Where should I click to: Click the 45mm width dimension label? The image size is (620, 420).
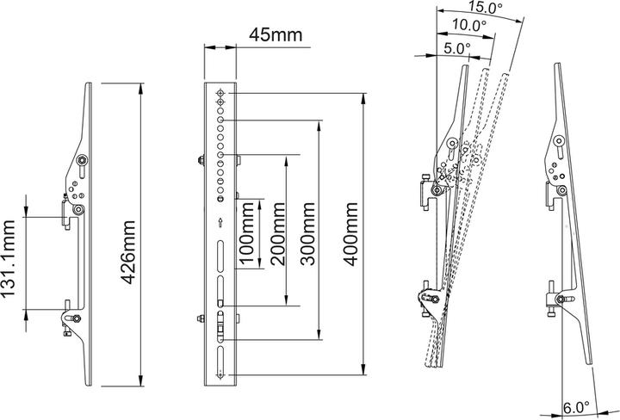tap(270, 35)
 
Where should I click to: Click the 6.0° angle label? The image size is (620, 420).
tap(575, 406)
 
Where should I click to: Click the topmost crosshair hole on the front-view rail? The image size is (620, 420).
tap(221, 94)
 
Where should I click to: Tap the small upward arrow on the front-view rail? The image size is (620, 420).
tap(221, 222)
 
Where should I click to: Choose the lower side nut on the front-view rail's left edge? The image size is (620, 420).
tap(200, 319)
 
